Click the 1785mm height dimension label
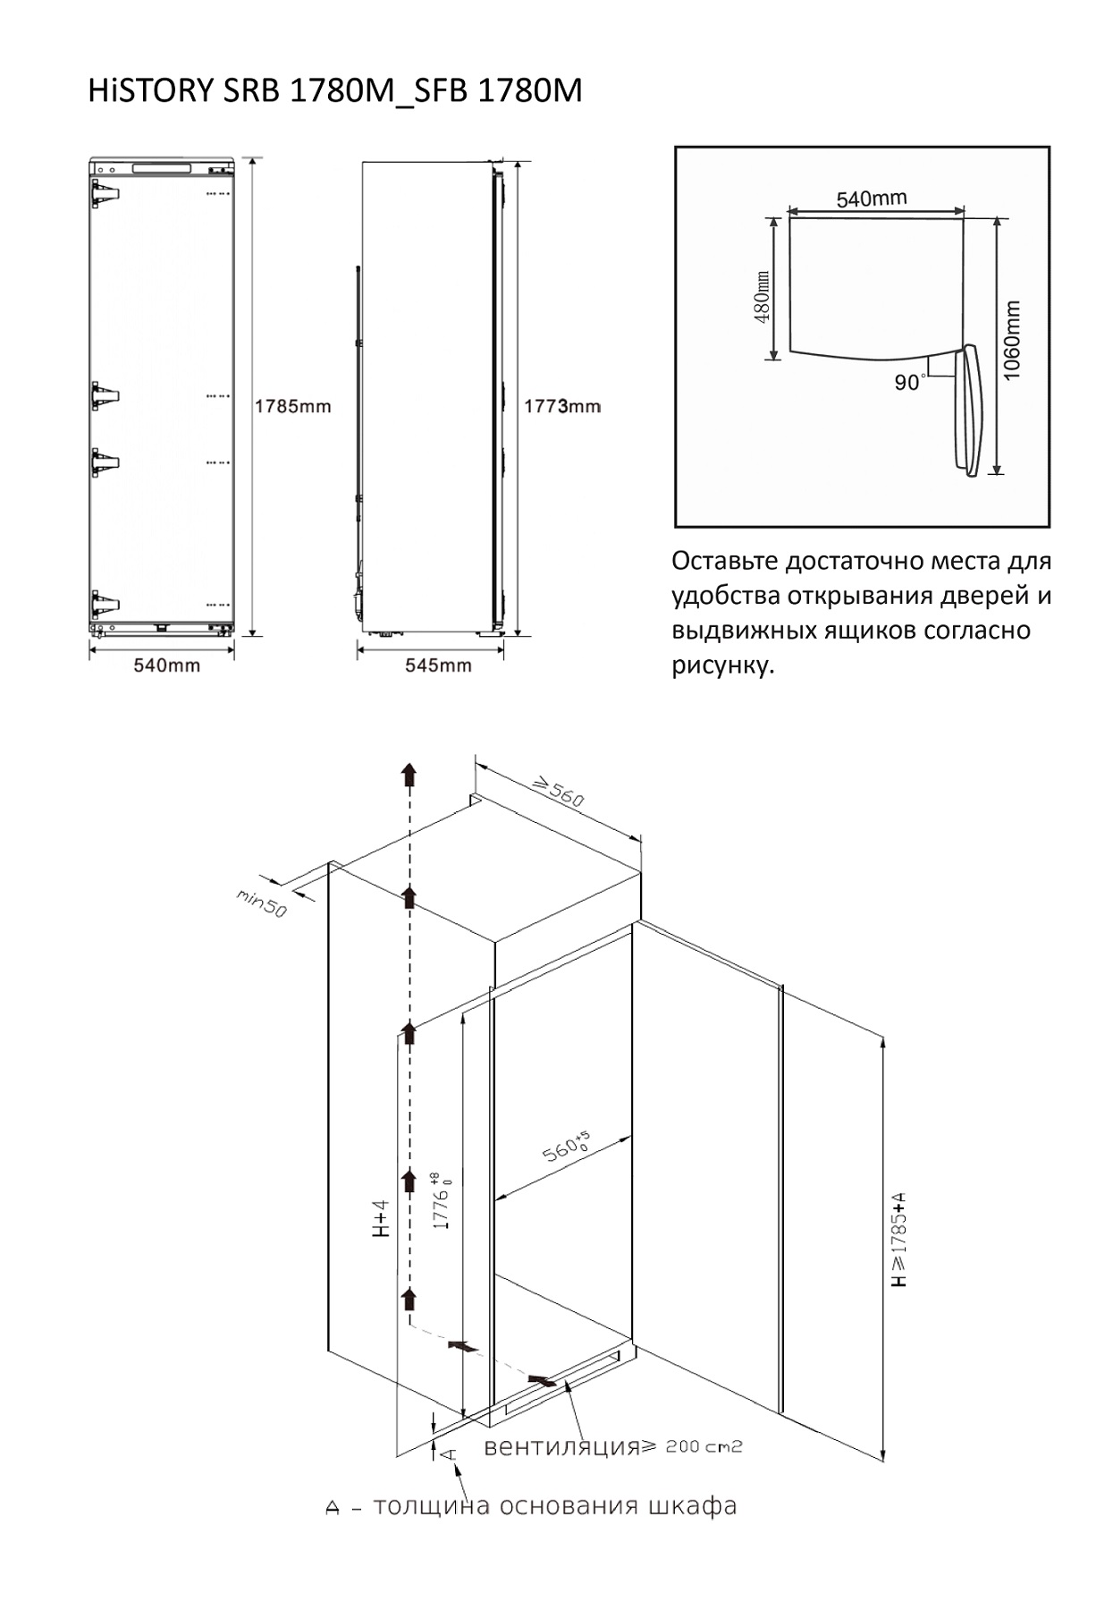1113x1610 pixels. click(292, 406)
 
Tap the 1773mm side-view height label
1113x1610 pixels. click(561, 406)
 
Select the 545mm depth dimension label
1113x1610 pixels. click(438, 665)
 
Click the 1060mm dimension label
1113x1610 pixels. click(1012, 340)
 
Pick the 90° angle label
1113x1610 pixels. click(910, 383)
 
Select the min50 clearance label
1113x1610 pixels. click(261, 903)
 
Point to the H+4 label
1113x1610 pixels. click(382, 1217)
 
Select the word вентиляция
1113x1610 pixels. click(561, 1446)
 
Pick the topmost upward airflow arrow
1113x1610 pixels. click(409, 774)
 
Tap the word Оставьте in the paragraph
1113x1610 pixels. click(724, 562)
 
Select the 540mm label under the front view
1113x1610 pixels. click(167, 665)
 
